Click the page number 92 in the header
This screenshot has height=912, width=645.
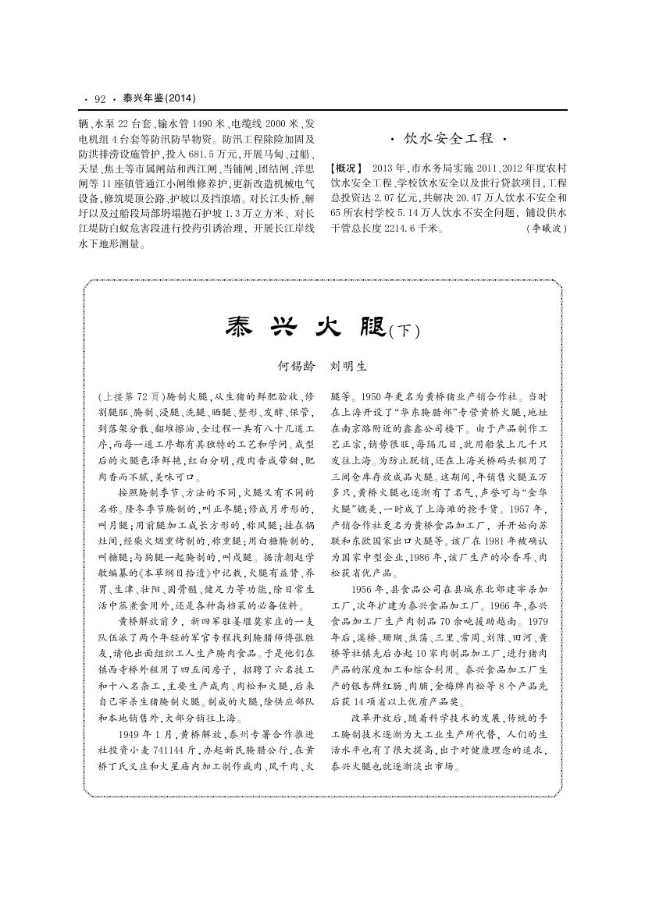pyautogui.click(x=99, y=99)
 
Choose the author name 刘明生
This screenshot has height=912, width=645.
pyautogui.click(x=349, y=364)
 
